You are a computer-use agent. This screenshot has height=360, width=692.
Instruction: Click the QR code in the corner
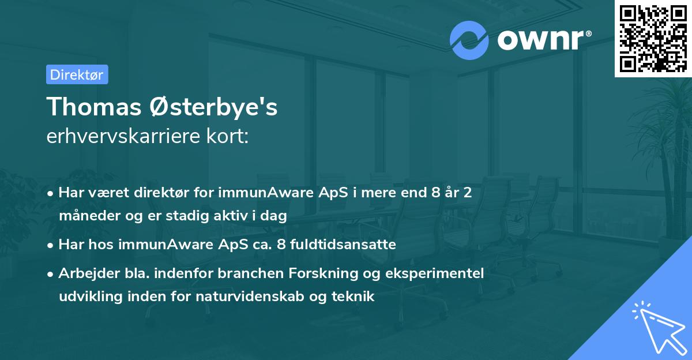[x=653, y=38]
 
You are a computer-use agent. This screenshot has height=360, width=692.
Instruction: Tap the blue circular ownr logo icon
[x=469, y=39]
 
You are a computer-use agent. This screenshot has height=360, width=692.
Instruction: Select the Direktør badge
[x=77, y=74]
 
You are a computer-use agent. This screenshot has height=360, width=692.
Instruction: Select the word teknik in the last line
[x=355, y=297]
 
